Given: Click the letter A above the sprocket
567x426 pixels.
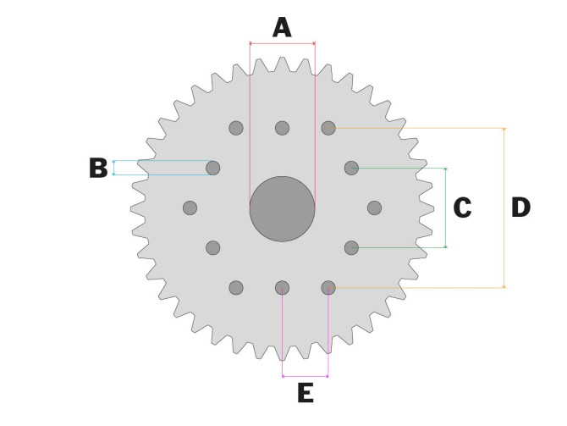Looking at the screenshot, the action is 282,28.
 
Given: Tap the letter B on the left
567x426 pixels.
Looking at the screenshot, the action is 98,168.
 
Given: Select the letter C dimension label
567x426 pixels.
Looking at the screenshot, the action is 462,207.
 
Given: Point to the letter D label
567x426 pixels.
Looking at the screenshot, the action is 520,207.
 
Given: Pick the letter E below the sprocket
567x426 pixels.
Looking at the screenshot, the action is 306,393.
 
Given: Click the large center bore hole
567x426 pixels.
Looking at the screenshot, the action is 282,209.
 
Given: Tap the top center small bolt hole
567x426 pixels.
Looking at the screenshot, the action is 282,128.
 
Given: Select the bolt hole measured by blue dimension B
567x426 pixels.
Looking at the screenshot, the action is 213,168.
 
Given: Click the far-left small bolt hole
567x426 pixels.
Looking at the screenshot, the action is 190,208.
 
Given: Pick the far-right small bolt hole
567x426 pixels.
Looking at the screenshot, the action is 374,208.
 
